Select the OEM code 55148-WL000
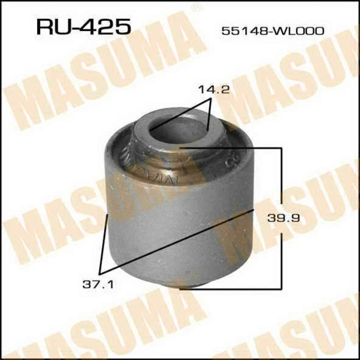pyautogui.click(x=272, y=31)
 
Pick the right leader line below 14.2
pyautogui.click(x=209, y=116)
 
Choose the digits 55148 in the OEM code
pyautogui.click(x=241, y=31)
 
